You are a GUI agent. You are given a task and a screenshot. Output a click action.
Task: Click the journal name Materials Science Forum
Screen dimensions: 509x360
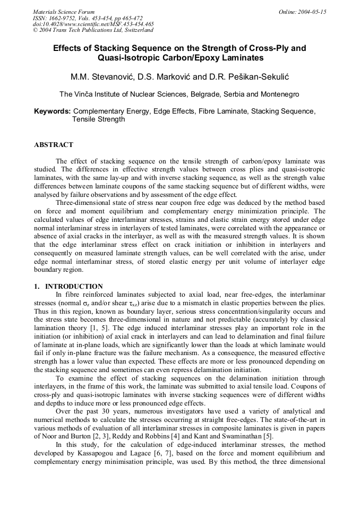click(x=64, y=12)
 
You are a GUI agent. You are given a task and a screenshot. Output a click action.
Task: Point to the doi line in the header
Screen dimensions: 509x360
click(x=93, y=24)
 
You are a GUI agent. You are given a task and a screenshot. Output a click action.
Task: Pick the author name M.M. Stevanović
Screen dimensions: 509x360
click(x=103, y=77)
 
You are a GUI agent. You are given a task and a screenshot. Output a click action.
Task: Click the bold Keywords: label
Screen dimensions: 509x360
click(x=52, y=111)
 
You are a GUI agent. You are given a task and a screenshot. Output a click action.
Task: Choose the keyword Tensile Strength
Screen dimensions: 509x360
click(x=98, y=119)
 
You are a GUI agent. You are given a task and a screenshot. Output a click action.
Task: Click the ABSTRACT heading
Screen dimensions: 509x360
click(x=54, y=145)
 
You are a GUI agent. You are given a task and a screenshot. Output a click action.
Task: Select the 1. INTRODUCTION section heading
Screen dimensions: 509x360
click(x=68, y=286)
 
